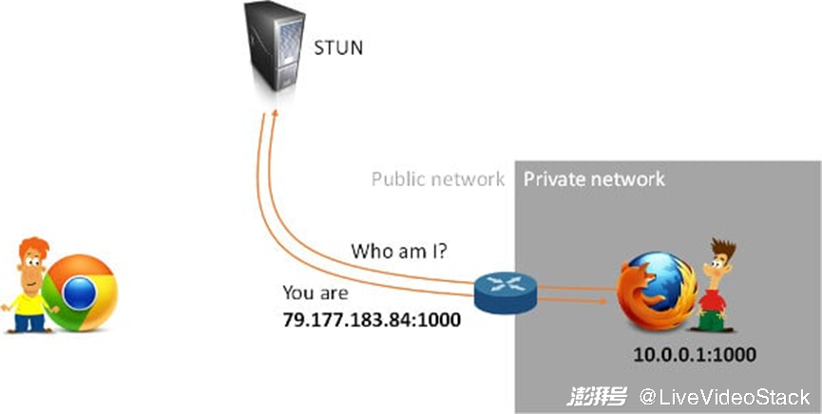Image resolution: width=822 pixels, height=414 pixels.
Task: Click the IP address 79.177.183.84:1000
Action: pos(372,319)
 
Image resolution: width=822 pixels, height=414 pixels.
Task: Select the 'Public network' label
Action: pos(437,179)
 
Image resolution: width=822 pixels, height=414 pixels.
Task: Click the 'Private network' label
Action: pos(594,179)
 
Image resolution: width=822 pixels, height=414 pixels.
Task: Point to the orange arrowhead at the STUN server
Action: pos(274,113)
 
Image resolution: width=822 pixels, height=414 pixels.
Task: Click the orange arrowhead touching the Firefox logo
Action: pos(604,301)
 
